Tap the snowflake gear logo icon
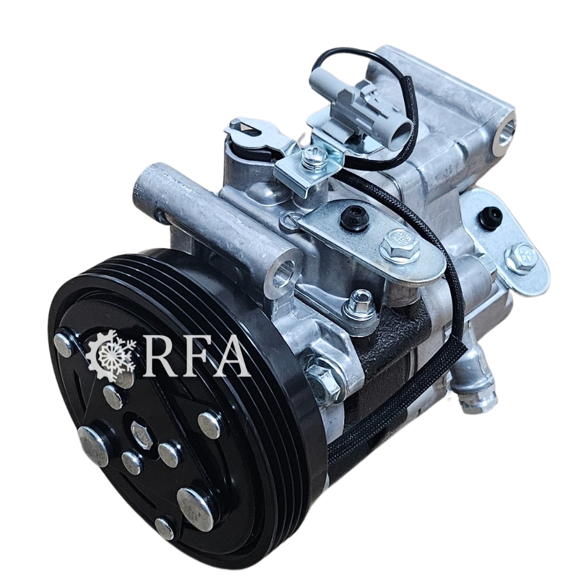click(112, 351)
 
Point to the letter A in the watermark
click(229, 353)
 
